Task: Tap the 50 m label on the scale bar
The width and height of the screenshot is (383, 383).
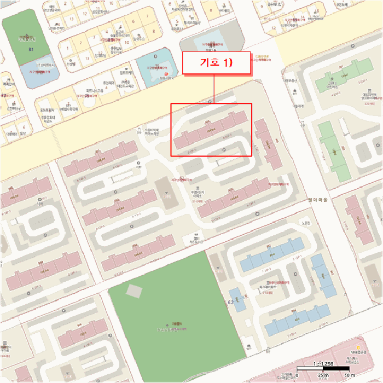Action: (x=349, y=375)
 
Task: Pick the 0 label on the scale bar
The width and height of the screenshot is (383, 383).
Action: (x=297, y=375)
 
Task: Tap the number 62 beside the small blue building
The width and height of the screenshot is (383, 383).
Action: (x=231, y=302)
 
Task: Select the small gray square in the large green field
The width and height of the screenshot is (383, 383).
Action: (x=133, y=291)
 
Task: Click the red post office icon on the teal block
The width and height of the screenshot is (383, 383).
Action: (x=166, y=73)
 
